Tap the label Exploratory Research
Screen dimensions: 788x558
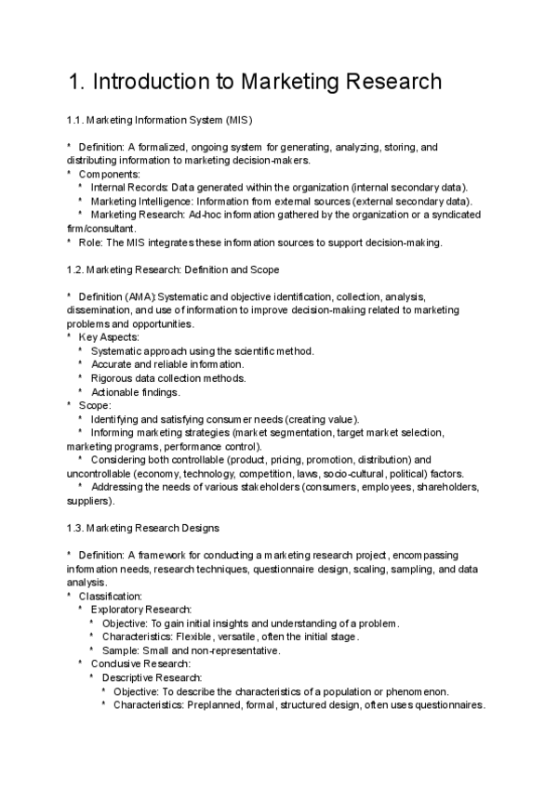(x=140, y=610)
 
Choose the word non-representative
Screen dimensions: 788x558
(x=235, y=650)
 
